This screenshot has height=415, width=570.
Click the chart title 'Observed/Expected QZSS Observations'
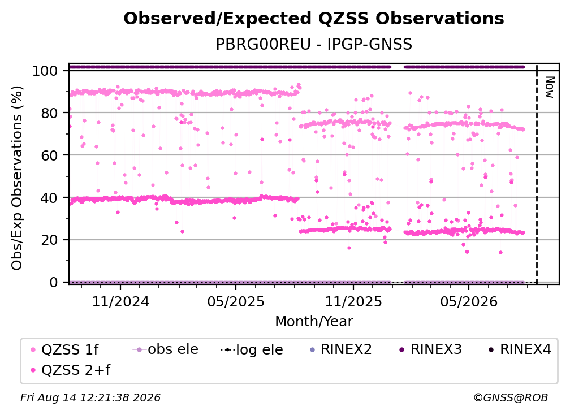click(314, 19)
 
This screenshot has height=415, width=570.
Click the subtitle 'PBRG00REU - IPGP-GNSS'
click(314, 44)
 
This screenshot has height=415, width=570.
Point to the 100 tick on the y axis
click(45, 71)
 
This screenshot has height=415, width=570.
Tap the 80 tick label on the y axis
click(49, 113)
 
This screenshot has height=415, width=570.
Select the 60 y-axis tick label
click(49, 155)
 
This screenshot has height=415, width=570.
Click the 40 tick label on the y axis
click(49, 198)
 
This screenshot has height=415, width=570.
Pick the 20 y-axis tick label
click(49, 240)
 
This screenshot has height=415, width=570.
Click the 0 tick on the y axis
click(54, 282)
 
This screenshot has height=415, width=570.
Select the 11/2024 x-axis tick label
click(120, 301)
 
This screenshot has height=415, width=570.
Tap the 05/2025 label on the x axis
click(236, 301)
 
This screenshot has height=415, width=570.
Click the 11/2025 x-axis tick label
click(353, 301)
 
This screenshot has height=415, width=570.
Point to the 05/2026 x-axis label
click(469, 301)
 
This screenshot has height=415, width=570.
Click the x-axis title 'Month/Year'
click(314, 321)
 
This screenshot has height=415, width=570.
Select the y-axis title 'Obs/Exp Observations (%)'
click(17, 178)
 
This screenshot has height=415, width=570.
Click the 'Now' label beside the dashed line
click(549, 87)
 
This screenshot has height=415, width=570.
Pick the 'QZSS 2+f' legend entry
click(71, 370)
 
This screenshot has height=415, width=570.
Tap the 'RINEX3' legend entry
click(430, 349)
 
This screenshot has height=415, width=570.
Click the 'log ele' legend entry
click(252, 349)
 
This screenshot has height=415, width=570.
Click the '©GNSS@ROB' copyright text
click(511, 397)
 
